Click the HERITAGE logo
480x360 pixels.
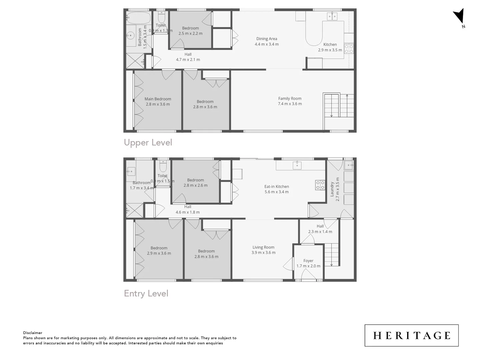coord(411,335)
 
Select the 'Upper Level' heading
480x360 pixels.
coord(148,143)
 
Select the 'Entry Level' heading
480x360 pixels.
coord(146,294)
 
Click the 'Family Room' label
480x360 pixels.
coord(290,98)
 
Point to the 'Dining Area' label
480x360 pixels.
coord(267,39)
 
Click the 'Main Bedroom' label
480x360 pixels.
coord(158,99)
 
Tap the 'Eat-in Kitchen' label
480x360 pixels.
coord(276,187)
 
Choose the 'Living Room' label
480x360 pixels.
coord(263,247)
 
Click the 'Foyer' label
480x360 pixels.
coord(308,261)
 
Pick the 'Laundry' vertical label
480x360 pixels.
coord(332,189)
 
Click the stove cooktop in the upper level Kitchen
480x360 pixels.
coord(349,49)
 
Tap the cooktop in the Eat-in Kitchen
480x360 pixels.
coord(320,185)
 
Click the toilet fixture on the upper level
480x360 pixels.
coord(161,17)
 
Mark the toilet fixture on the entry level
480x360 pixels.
coord(163,166)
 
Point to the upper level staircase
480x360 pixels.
coord(338,105)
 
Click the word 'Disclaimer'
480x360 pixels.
coord(33,333)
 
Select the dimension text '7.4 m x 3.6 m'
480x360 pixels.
coord(290,104)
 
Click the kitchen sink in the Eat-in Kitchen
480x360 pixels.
coord(297,165)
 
